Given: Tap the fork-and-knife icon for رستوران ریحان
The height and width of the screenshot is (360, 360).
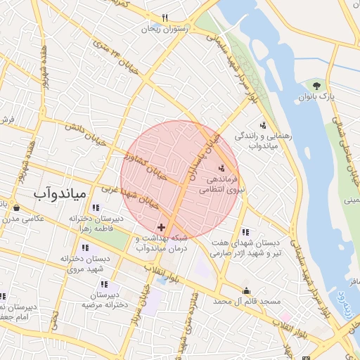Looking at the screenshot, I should pos(165,18).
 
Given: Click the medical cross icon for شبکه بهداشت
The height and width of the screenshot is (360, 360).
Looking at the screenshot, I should pos(162,227).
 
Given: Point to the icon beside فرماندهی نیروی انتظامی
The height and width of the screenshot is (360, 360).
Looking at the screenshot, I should pos(222,168).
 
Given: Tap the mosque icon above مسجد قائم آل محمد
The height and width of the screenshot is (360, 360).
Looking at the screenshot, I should pos(246,290).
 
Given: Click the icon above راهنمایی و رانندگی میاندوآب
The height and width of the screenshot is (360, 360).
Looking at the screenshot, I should pos(263,125).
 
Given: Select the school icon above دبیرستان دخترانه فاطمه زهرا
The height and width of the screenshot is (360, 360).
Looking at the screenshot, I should pos(96,207).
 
